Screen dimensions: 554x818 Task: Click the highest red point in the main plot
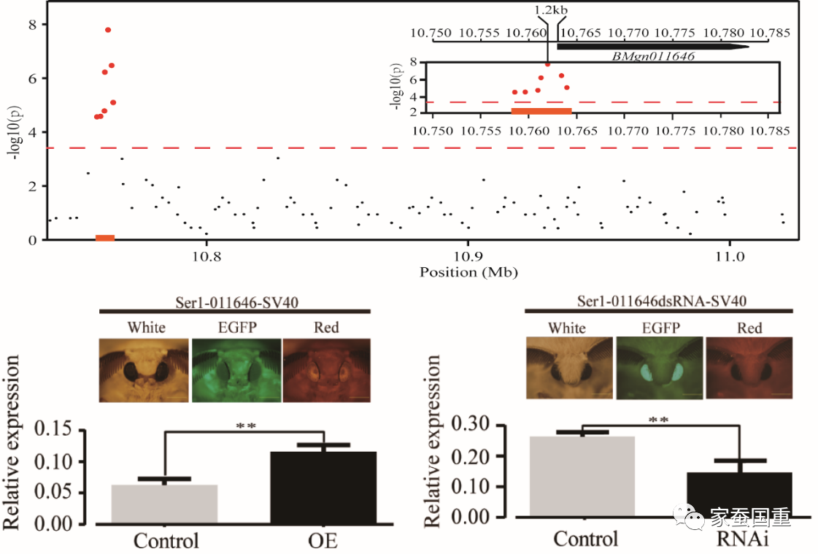108,30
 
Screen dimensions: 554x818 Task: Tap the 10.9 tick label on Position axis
468,257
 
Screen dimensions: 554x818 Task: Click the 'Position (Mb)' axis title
468,272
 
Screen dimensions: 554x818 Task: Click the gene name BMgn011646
653,55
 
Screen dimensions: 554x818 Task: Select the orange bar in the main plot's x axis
105,237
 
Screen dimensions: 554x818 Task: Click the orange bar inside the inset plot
541,111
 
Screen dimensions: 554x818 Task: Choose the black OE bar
323,487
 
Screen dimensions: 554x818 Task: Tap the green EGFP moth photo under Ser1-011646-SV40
236,369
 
